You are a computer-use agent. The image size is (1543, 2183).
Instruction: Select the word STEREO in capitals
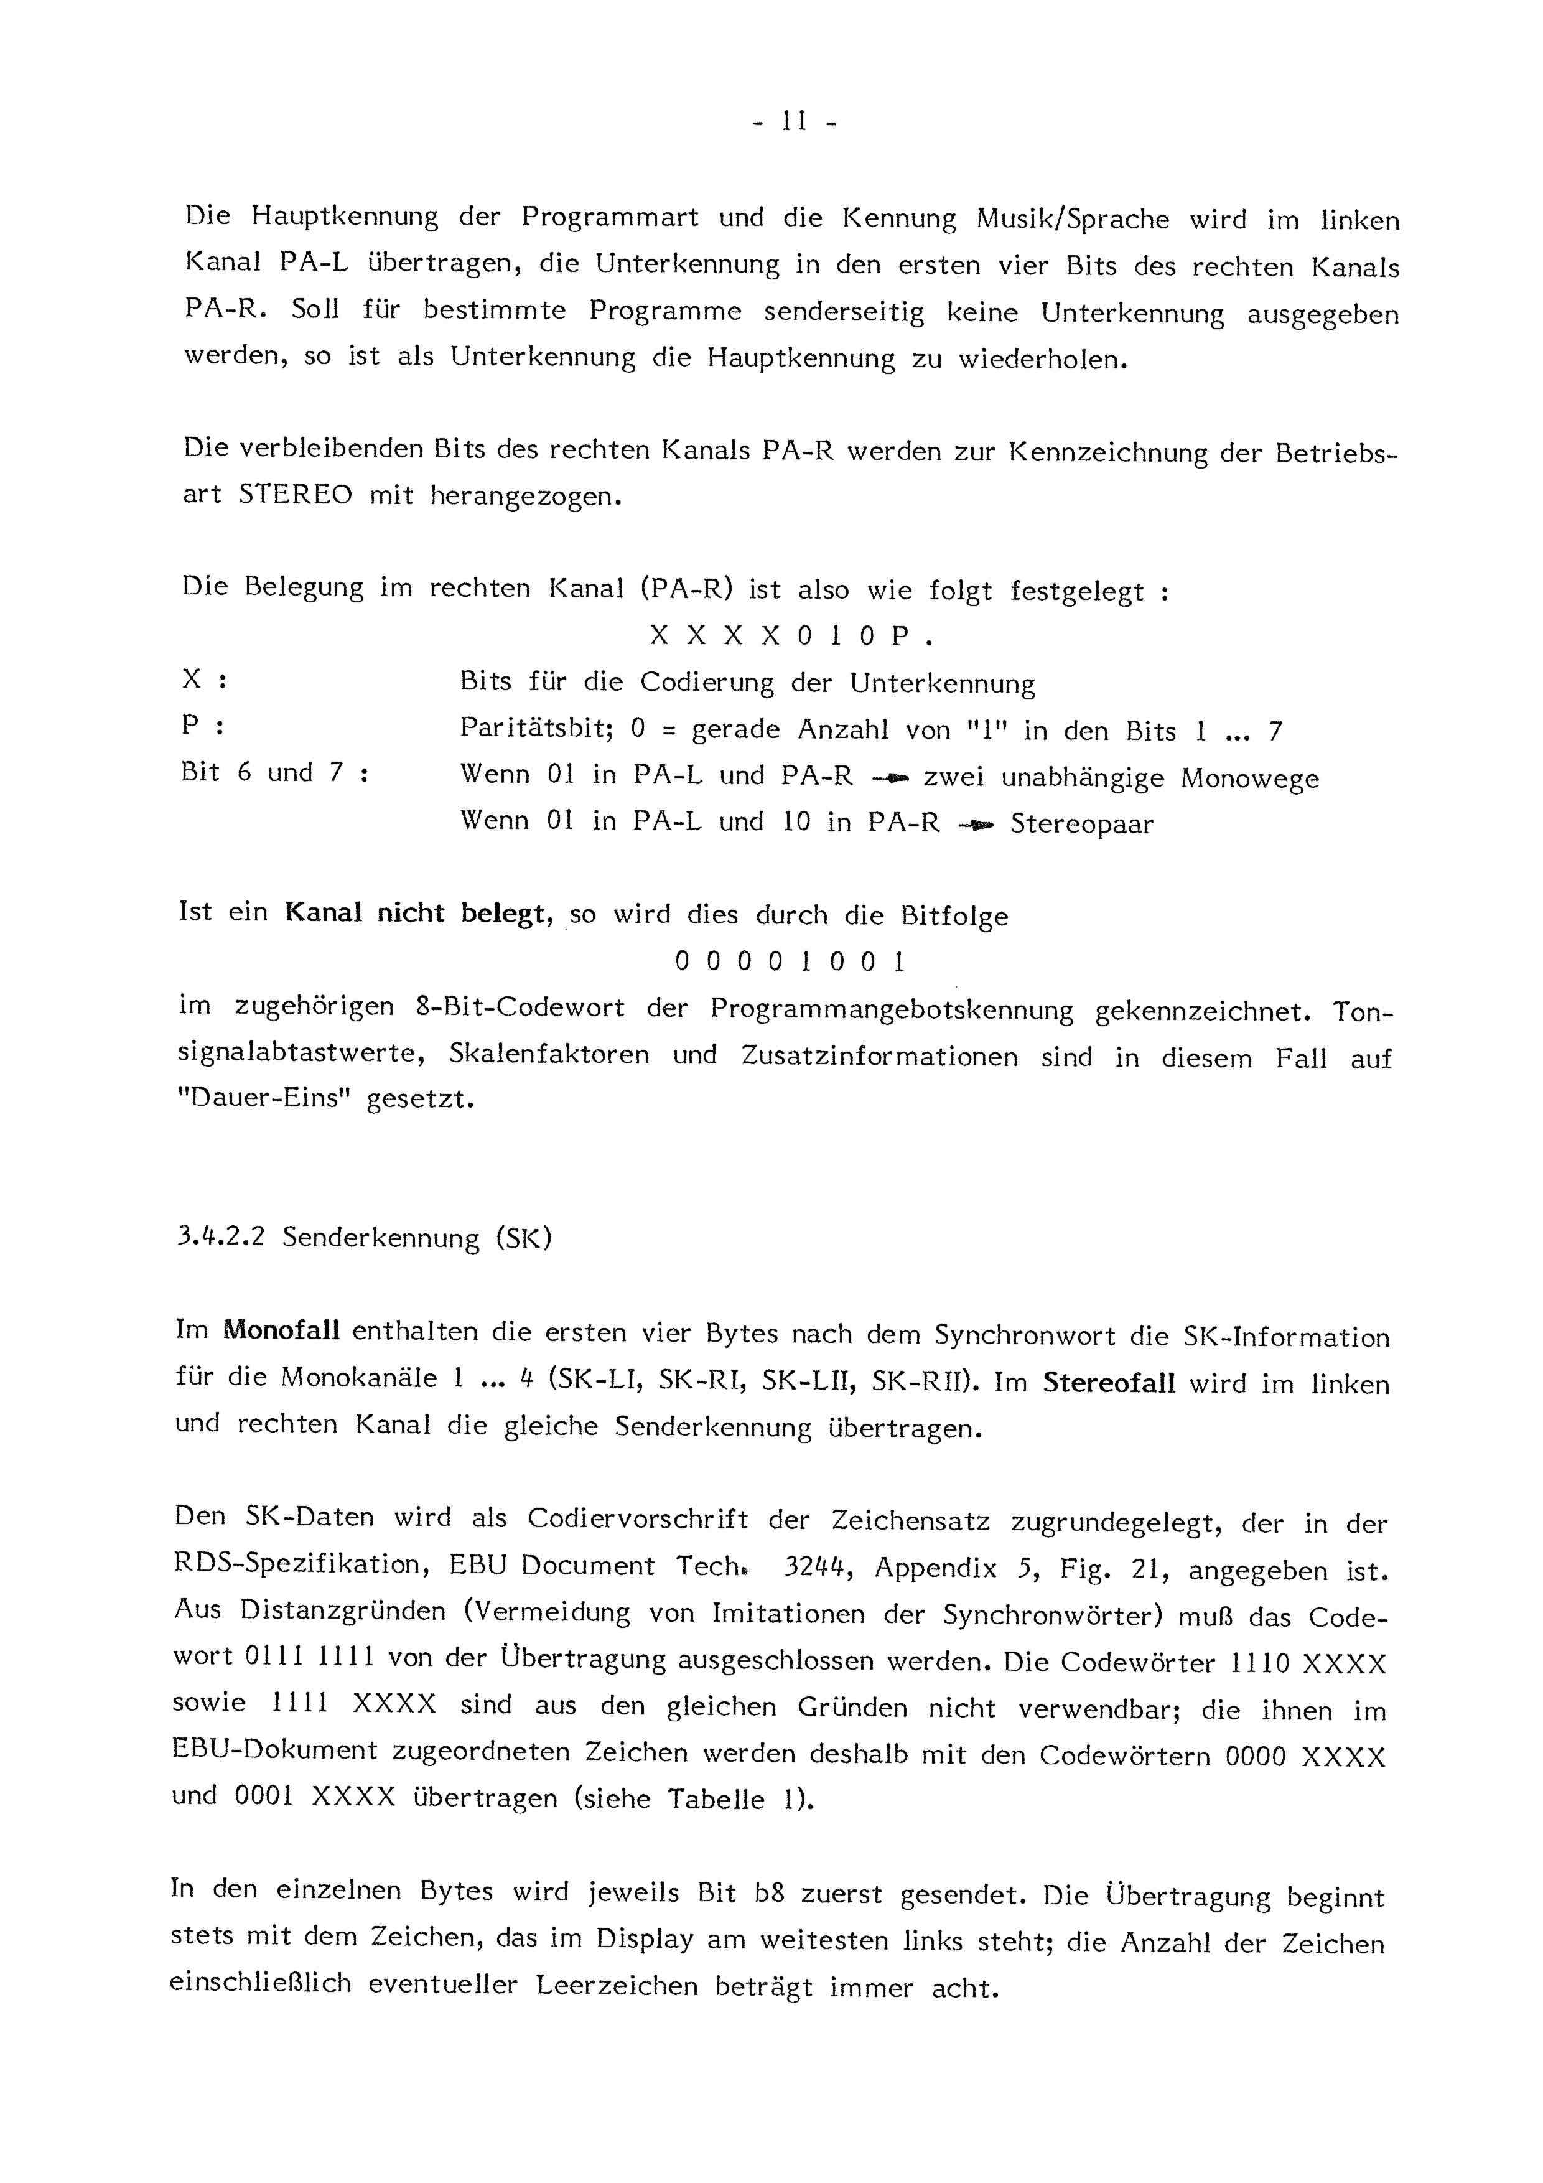[x=295, y=494]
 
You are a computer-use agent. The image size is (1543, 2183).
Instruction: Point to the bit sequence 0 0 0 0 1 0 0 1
[x=789, y=962]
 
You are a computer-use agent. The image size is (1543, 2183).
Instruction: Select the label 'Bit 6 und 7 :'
[x=274, y=773]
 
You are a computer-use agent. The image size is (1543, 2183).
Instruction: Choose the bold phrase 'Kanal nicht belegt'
[x=418, y=914]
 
